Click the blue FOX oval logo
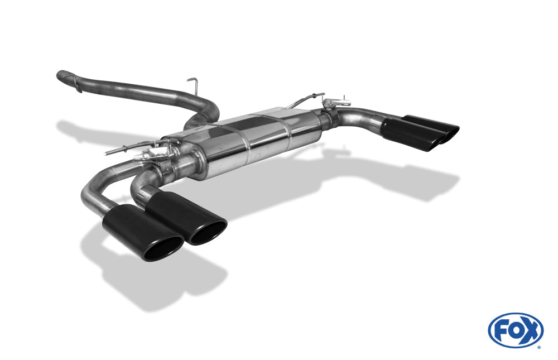(516, 330)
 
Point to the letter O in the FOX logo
(515, 330)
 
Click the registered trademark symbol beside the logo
(539, 347)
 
